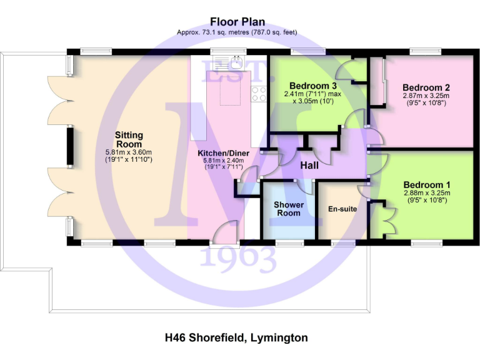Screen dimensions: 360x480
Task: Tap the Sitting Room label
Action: (129, 139)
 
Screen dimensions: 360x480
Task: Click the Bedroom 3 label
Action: (313, 86)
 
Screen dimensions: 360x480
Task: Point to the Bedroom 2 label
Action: (426, 87)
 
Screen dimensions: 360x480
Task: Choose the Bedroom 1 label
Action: (426, 185)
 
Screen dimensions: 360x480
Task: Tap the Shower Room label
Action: (288, 209)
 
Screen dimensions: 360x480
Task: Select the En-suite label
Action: (342, 209)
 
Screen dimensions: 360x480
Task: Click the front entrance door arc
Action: (222, 236)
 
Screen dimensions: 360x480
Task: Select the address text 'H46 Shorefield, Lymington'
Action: (236, 338)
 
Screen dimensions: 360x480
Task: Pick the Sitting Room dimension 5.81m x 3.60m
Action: (129, 152)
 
